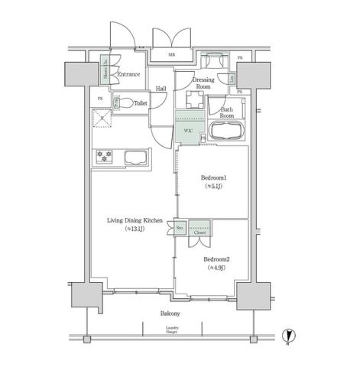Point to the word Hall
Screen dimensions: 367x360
point(161,89)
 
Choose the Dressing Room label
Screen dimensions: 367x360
point(203,83)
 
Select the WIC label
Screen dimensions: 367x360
point(187,131)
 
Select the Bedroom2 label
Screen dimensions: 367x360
point(216,259)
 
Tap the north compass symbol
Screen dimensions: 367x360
point(287,335)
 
